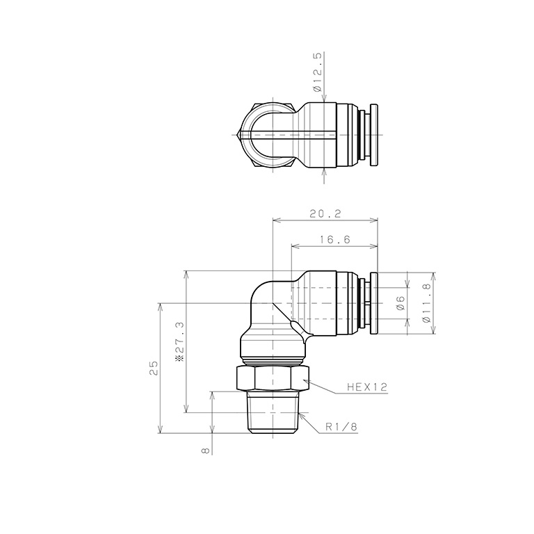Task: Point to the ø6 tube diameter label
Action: (400, 302)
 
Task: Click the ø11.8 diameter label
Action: (426, 303)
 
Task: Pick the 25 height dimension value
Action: (154, 366)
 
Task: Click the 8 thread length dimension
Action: (205, 450)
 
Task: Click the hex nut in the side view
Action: (272, 378)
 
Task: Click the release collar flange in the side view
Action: (374, 303)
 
